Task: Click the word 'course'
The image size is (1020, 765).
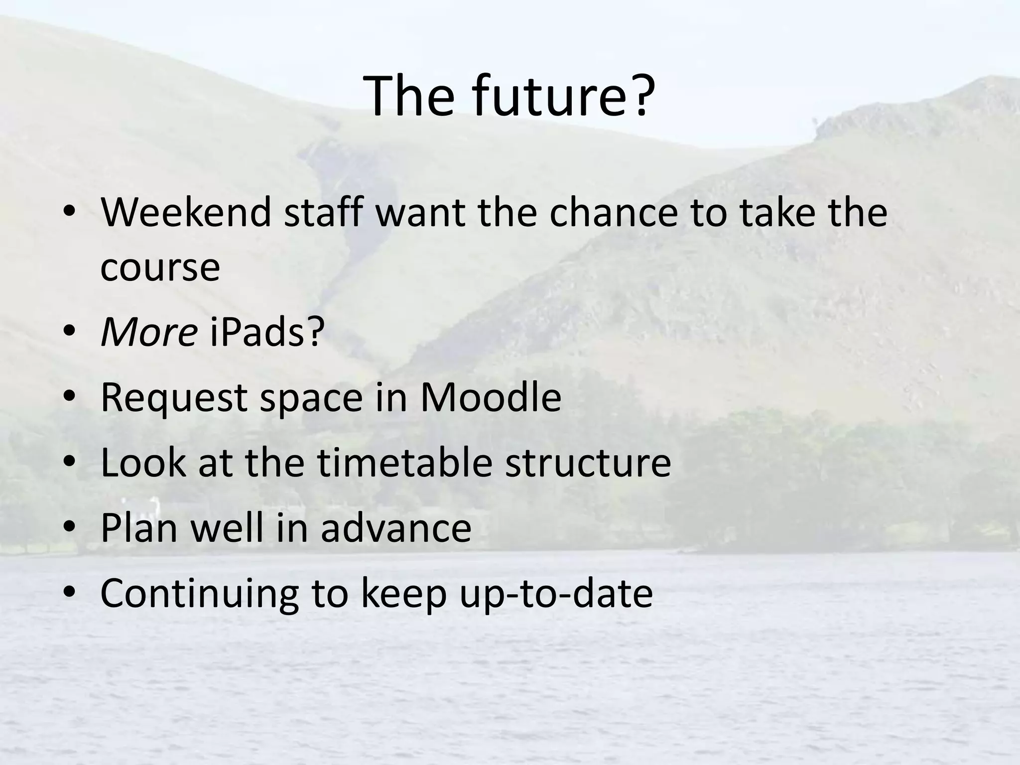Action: (160, 267)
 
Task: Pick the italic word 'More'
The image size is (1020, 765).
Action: (148, 332)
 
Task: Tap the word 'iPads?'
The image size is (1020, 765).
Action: (266, 332)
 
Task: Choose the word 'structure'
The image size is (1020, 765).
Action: (588, 462)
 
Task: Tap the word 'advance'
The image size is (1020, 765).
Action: (395, 527)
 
